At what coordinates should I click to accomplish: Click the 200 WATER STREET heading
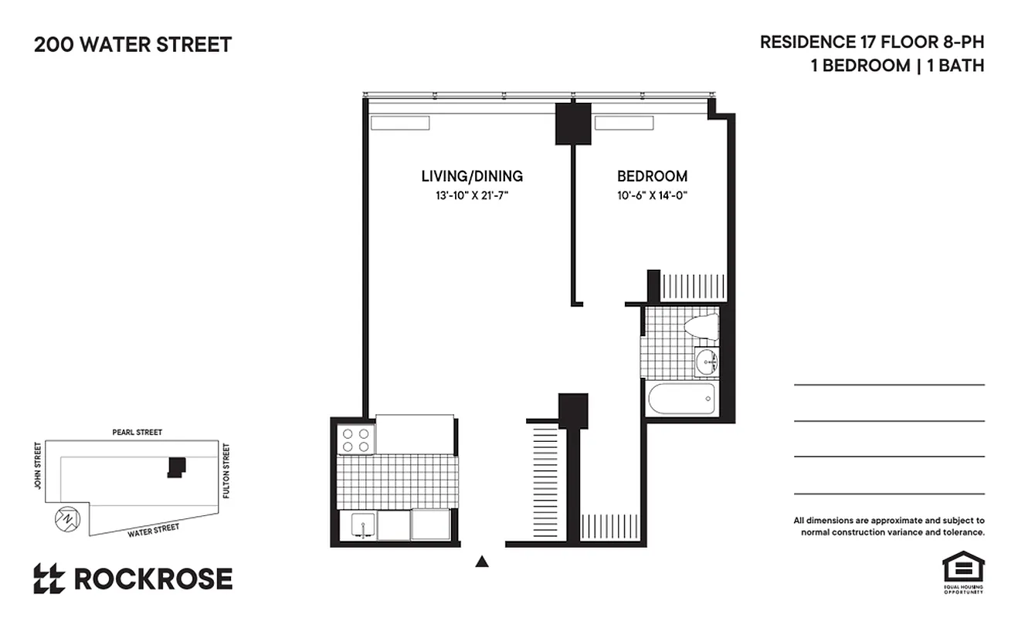[x=133, y=45]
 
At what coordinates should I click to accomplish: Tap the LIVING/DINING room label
[x=471, y=176]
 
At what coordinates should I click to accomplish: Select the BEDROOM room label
[x=651, y=176]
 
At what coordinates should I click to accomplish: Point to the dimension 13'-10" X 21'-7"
[x=471, y=195]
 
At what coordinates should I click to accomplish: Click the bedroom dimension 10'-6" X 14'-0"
[x=651, y=195]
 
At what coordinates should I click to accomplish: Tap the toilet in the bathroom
[x=700, y=326]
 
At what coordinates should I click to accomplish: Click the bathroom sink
[x=705, y=361]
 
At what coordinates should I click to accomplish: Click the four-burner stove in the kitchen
[x=356, y=440]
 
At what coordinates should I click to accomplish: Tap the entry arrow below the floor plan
[x=482, y=562]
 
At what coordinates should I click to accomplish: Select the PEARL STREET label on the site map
[x=137, y=433]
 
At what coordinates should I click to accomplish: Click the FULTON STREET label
[x=226, y=470]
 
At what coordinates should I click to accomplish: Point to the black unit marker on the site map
[x=178, y=467]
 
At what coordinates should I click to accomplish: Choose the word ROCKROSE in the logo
[x=153, y=579]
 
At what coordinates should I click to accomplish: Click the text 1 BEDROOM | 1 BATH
[x=897, y=66]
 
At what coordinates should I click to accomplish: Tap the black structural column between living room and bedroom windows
[x=573, y=124]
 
